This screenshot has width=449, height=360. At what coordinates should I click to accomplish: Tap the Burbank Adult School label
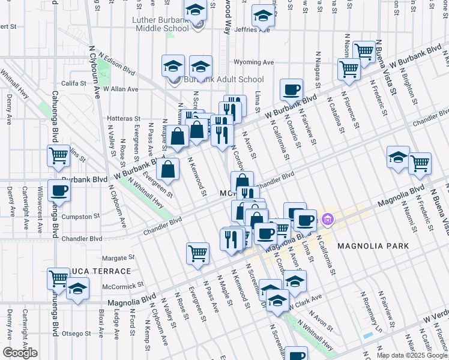click(x=224, y=79)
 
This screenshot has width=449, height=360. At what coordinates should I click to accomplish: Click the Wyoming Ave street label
click(x=253, y=62)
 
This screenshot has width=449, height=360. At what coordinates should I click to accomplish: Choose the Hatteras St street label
click(x=124, y=119)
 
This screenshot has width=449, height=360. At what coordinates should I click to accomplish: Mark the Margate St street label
click(x=115, y=258)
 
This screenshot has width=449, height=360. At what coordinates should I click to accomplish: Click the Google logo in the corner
click(x=19, y=353)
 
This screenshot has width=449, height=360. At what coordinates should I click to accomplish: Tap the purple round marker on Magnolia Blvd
click(x=327, y=218)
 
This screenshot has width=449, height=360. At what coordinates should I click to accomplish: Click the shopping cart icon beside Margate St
click(x=197, y=253)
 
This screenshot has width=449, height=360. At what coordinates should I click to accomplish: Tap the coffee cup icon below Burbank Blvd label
click(x=59, y=190)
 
